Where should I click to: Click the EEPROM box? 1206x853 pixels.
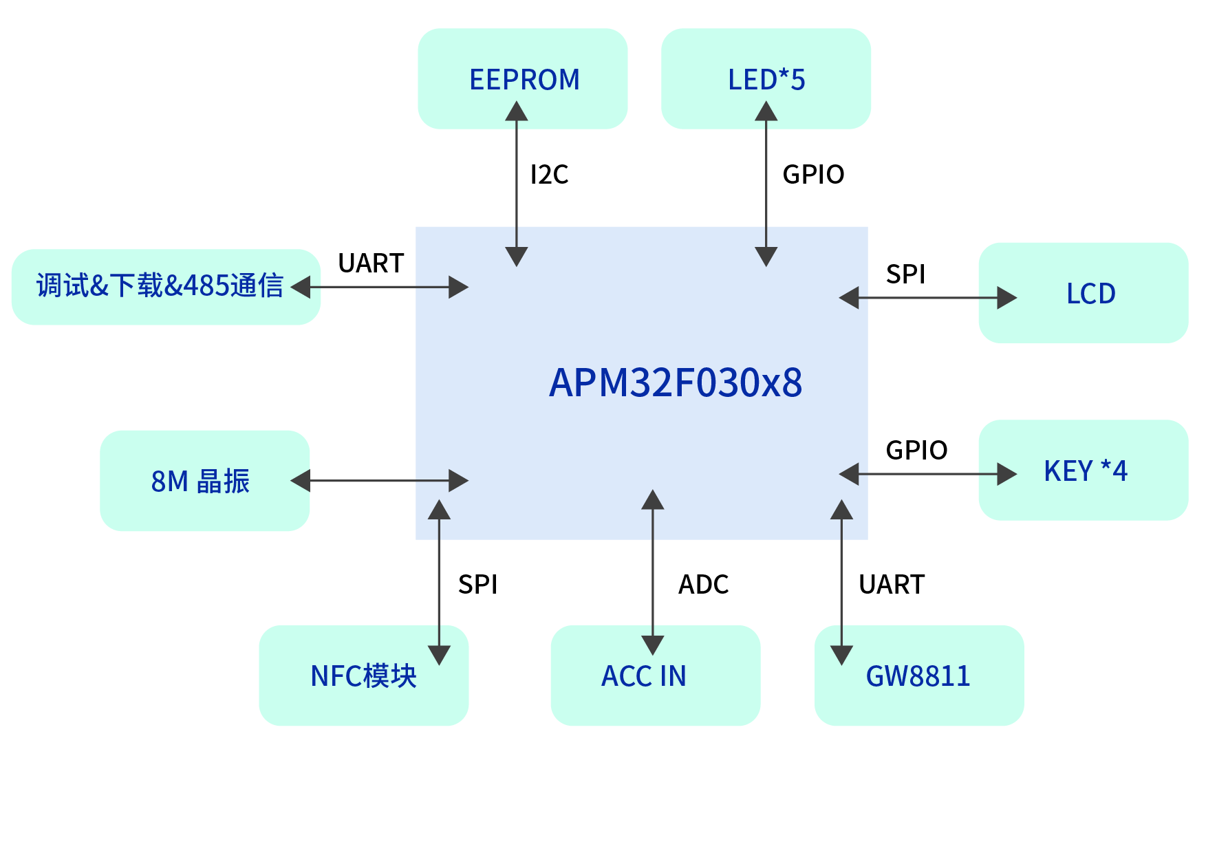pyautogui.click(x=523, y=78)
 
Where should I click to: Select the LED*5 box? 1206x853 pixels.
pyautogui.click(x=766, y=78)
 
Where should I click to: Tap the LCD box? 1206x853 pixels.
pyautogui.click(x=1090, y=293)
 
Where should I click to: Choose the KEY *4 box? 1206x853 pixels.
pyautogui.click(x=1085, y=471)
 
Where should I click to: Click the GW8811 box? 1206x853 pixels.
pyautogui.click(x=918, y=676)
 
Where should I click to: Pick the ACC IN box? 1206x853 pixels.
pyautogui.click(x=644, y=676)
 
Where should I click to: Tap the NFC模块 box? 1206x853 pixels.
pyautogui.click(x=363, y=676)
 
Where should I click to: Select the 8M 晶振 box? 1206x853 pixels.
pyautogui.click(x=200, y=481)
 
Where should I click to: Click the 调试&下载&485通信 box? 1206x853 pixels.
pyautogui.click(x=160, y=286)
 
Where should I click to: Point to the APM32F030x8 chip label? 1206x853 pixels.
pyautogui.click(x=675, y=382)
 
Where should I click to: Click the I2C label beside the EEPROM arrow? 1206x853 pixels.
pyautogui.click(x=549, y=175)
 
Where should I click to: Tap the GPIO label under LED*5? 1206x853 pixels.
pyautogui.click(x=813, y=175)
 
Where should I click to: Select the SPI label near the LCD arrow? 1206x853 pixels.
pyautogui.click(x=905, y=274)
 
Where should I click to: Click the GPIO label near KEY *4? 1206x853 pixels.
pyautogui.click(x=916, y=451)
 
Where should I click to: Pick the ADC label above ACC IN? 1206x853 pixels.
pyautogui.click(x=703, y=585)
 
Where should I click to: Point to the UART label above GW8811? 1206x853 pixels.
pyautogui.click(x=892, y=585)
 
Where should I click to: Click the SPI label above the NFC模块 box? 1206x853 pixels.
pyautogui.click(x=477, y=585)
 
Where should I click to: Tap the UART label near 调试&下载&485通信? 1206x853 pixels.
pyautogui.click(x=371, y=263)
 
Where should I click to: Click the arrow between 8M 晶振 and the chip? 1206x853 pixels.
pyautogui.click(x=380, y=481)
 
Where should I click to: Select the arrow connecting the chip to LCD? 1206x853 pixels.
pyautogui.click(x=928, y=298)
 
